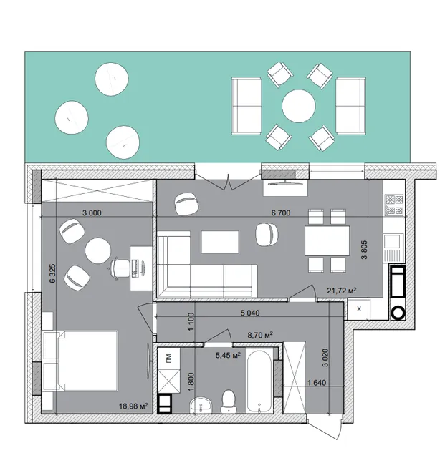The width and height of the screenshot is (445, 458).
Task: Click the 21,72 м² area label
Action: pyautogui.click(x=341, y=291)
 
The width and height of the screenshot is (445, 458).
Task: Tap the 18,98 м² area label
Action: pyautogui.click(x=133, y=406)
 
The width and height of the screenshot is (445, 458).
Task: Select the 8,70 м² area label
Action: pyautogui.click(x=260, y=335)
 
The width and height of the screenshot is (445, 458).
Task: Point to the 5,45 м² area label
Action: pyautogui.click(x=228, y=356)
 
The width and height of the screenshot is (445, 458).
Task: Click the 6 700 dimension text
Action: pyautogui.click(x=281, y=213)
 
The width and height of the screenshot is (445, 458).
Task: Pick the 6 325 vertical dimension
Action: pyautogui.click(x=52, y=273)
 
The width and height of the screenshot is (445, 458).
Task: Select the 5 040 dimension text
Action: pyautogui.click(x=250, y=313)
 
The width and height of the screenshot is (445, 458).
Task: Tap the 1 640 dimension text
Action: pyautogui.click(x=317, y=382)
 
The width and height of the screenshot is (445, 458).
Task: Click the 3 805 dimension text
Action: pyautogui.click(x=364, y=250)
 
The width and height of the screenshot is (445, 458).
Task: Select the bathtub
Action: pyautogui.click(x=259, y=381)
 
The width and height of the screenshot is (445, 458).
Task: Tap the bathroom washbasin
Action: pyautogui.click(x=201, y=405)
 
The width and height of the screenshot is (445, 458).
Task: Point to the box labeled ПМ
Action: pyautogui.click(x=169, y=358)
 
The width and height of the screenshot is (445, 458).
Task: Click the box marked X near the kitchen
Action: pyautogui.click(x=359, y=308)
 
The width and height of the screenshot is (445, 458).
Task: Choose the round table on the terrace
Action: pyautogui.click(x=299, y=106)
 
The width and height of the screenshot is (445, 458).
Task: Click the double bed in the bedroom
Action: pyautogui.click(x=80, y=361)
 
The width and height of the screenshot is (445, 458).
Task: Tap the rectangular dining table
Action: pyautogui.click(x=327, y=241)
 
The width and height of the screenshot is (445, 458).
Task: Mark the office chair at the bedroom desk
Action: pyautogui.click(x=120, y=267)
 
